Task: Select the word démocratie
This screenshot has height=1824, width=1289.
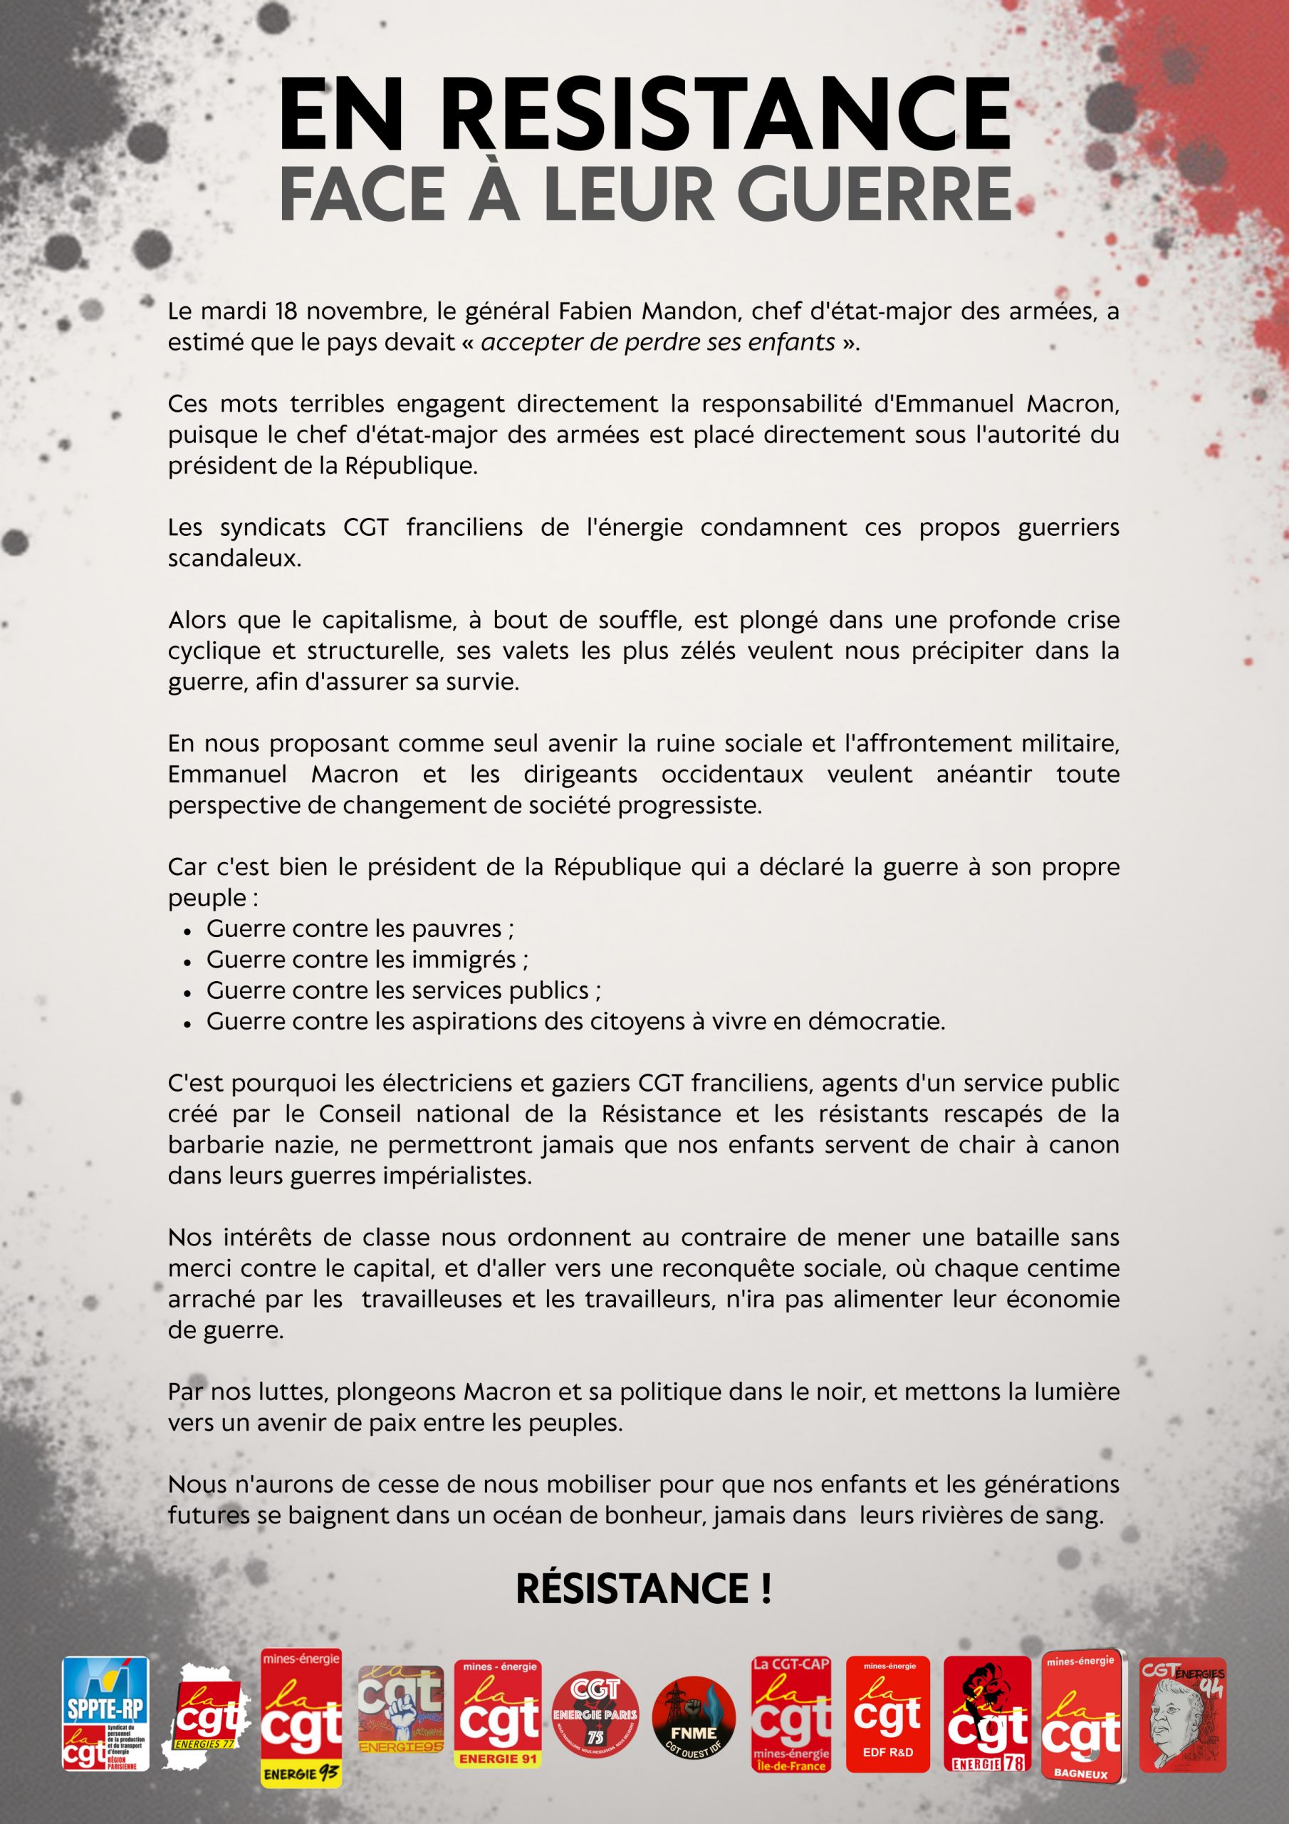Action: [876, 1021]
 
